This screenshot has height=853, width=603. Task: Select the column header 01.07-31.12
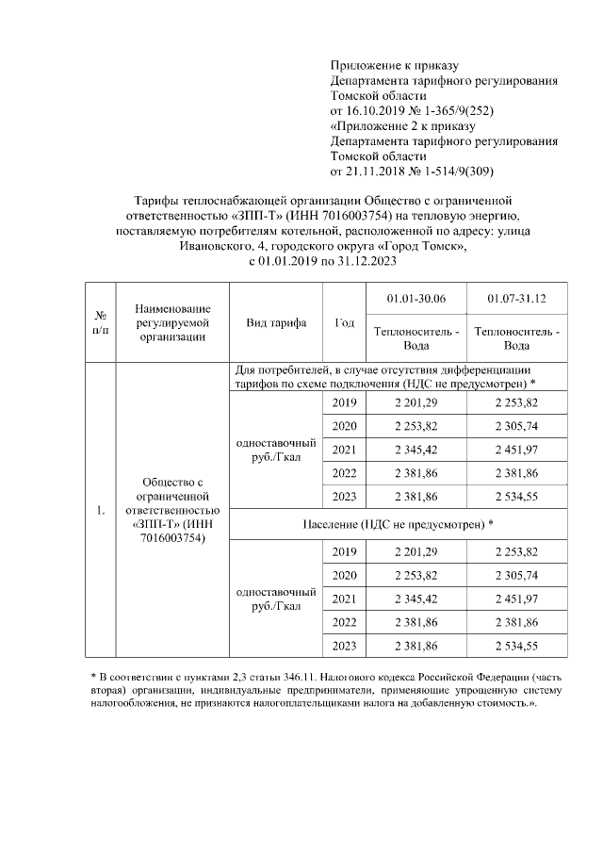pos(517,299)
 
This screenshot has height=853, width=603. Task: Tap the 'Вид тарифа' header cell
pos(276,322)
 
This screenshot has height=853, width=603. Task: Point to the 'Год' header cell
pos(345,322)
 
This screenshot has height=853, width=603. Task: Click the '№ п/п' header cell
pos(99,322)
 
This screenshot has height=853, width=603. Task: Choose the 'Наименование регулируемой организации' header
pos(171,322)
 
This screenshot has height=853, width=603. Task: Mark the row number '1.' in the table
pos(99,511)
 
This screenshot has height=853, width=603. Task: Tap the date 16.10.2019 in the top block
pos(380,110)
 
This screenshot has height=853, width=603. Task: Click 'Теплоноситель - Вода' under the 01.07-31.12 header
pos(517,338)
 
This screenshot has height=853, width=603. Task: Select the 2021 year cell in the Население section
pos(345,599)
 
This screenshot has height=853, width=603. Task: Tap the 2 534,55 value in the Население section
pos(517,646)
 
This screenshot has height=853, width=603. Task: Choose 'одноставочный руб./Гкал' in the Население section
pos(276,599)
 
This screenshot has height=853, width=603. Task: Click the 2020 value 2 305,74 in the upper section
pos(517,426)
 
